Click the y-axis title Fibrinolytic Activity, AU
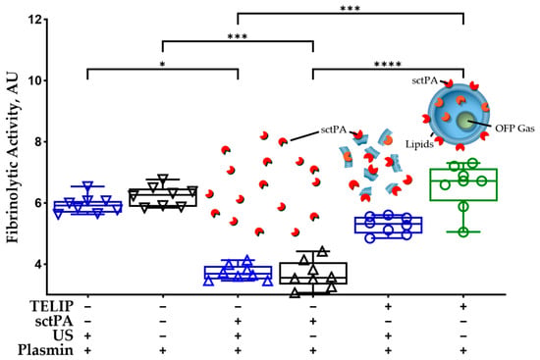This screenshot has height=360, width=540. point(13,157)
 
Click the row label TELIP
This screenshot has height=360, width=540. point(52,306)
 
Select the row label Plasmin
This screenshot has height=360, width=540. point(45,350)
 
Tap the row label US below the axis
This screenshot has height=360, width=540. point(63,335)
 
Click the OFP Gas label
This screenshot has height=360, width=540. point(514,129)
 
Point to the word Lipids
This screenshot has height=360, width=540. point(419,144)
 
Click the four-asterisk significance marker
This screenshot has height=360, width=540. point(388,65)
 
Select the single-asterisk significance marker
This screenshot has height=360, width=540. point(162,65)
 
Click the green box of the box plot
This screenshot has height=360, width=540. point(463,184)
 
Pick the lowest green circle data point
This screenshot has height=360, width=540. point(463,231)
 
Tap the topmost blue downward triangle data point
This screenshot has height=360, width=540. point(88,185)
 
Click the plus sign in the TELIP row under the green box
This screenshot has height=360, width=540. point(463,306)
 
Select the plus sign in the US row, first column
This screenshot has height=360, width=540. point(87,335)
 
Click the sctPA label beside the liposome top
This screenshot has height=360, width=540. point(424,80)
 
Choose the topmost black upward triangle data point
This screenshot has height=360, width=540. point(322,251)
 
